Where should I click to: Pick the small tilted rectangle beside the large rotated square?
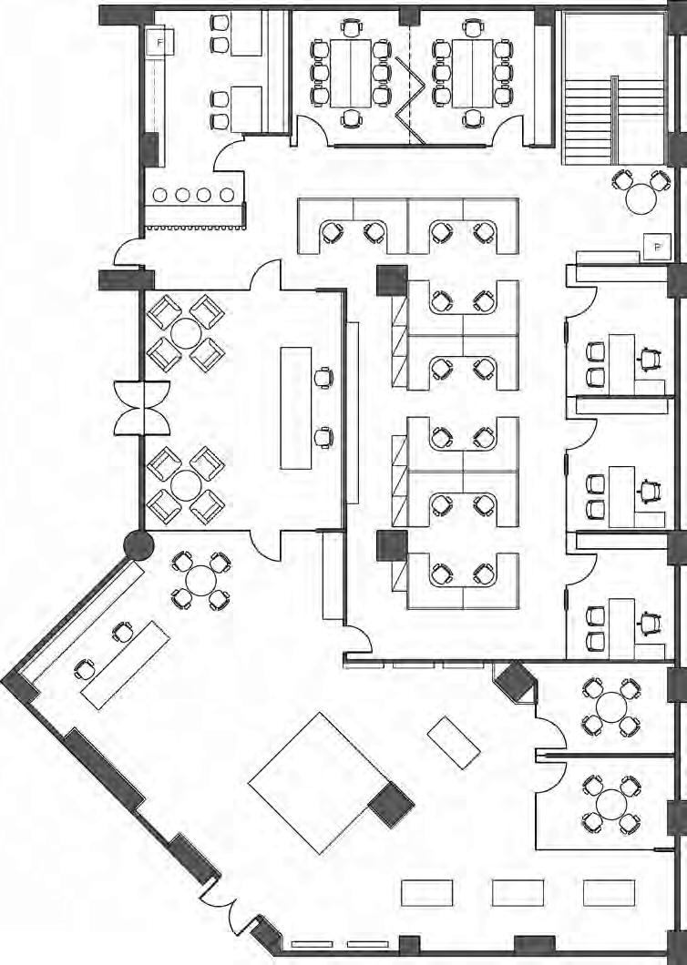tap(454, 741)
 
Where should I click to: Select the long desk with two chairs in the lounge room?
tap(296, 407)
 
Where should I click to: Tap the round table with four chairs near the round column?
tap(200, 579)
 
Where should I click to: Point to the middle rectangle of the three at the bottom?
tap(518, 892)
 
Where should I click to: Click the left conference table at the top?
tap(350, 73)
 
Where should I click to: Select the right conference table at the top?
tap(472, 73)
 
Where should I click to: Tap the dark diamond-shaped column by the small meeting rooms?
tap(517, 681)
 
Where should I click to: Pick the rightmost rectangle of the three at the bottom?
tap(609, 892)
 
